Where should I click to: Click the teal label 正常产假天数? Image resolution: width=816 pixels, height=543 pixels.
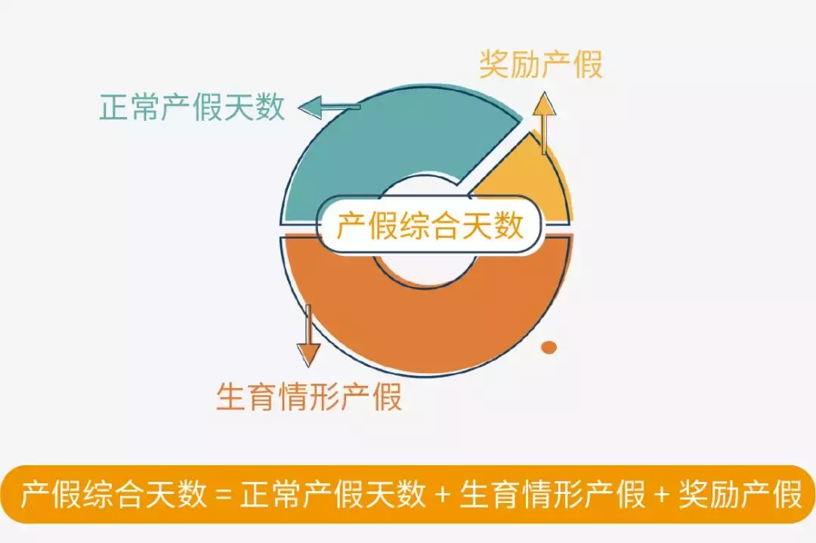[x=192, y=107]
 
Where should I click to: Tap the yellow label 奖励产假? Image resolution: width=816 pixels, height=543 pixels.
[x=541, y=65]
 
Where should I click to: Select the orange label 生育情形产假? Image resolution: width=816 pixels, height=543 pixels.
[x=308, y=396]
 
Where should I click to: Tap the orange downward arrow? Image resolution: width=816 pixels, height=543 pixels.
[x=308, y=336]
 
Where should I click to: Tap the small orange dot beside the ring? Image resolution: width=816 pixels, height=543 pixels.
[x=549, y=347]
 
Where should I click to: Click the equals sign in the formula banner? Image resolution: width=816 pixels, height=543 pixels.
[x=222, y=496]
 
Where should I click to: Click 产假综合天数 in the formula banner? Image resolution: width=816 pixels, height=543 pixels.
[x=113, y=495]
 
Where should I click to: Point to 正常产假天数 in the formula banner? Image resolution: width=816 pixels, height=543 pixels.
[x=332, y=495]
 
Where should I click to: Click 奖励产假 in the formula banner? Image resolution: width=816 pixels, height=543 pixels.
[x=740, y=495]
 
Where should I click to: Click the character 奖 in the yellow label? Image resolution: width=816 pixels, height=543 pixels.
[x=495, y=65]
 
